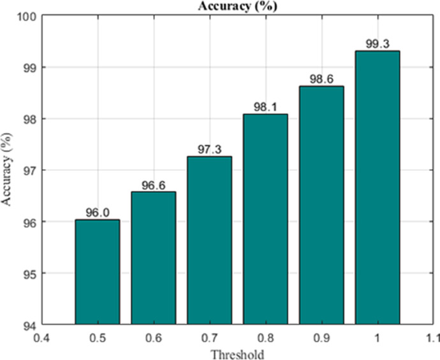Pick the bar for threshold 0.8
click(x=265, y=219)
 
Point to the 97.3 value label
click(x=209, y=150)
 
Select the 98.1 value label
click(x=265, y=108)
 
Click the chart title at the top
click(x=237, y=6)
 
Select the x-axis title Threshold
click(x=237, y=353)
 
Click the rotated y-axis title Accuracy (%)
click(x=8, y=170)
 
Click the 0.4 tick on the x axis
click(x=41, y=336)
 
